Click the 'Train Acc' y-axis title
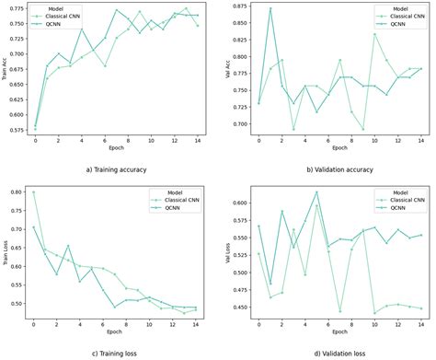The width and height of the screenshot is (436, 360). pos(6,72)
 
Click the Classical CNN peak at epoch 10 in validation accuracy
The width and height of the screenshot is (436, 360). pos(374,35)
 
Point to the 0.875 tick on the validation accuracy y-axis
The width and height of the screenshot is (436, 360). pos(242,7)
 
